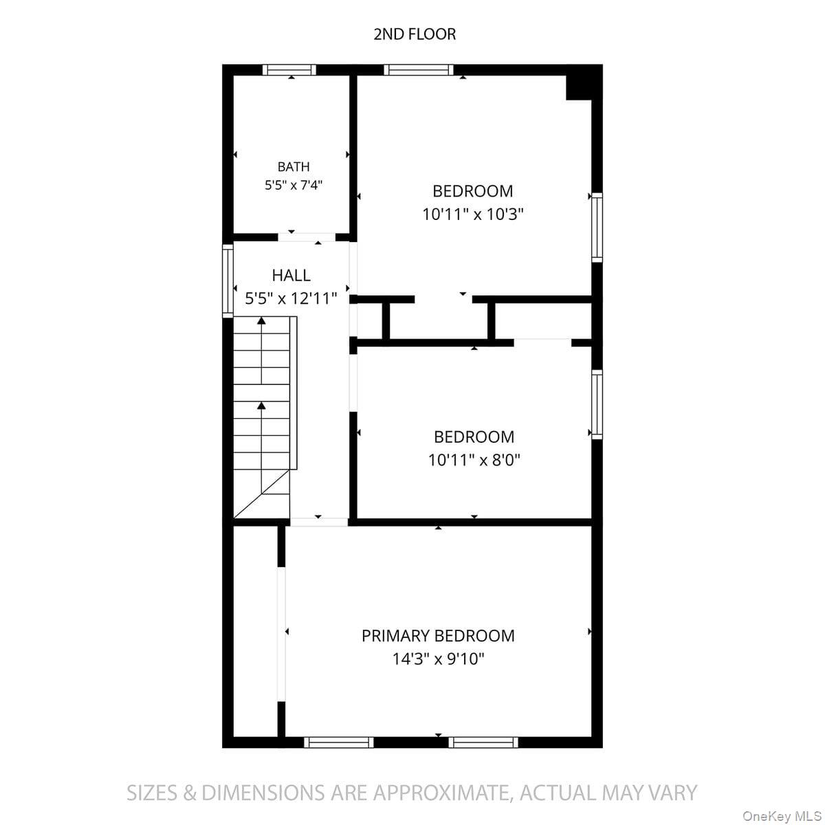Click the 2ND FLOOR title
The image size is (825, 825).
tap(415, 34)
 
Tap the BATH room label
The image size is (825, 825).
tap(294, 166)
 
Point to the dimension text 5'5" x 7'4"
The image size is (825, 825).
tap(294, 186)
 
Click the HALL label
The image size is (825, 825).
tap(291, 275)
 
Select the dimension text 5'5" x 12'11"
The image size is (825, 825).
tap(291, 298)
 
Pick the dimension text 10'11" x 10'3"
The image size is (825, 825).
tap(472, 214)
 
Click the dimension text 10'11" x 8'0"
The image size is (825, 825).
tap(474, 460)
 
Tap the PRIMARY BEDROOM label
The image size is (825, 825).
tap(438, 636)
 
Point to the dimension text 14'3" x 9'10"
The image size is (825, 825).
tap(438, 659)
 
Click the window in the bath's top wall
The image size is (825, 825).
tap(289, 70)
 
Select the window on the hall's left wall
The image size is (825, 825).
tap(228, 281)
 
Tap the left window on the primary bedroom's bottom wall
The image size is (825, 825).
tap(338, 742)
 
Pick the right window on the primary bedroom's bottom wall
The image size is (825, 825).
tap(483, 742)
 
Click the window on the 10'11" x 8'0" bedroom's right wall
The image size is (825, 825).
tap(597, 404)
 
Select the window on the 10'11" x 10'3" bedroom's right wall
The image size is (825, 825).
tap(597, 228)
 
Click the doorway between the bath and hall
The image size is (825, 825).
tap(307, 237)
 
